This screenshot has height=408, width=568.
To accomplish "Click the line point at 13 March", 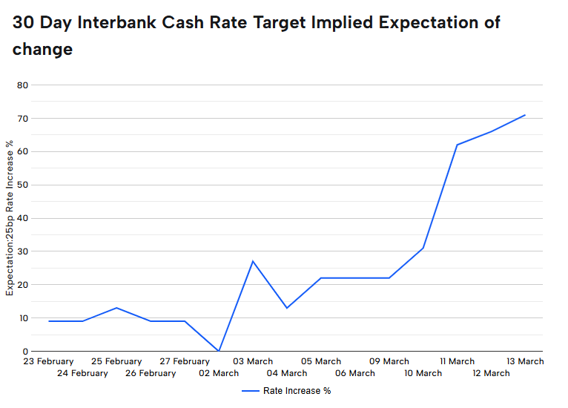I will pyautogui.click(x=525, y=115).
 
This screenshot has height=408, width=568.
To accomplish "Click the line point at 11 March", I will pyautogui.click(x=457, y=145).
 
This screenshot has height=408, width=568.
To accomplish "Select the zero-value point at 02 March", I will pyautogui.click(x=219, y=351).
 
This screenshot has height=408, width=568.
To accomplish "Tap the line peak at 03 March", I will pyautogui.click(x=253, y=261).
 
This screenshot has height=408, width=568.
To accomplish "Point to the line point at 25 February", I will pyautogui.click(x=116, y=308).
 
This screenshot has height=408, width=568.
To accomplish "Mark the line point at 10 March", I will pyautogui.click(x=423, y=248).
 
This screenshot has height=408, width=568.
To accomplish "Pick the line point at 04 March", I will pyautogui.click(x=287, y=308).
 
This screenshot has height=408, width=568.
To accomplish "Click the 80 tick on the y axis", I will pyautogui.click(x=23, y=85).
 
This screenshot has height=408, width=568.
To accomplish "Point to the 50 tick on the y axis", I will pyautogui.click(x=23, y=185).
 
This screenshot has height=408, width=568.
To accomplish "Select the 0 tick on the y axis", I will pyautogui.click(x=25, y=351).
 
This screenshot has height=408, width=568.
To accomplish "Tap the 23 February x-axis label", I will pyautogui.click(x=48, y=362).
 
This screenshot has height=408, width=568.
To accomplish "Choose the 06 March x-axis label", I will pyautogui.click(x=355, y=374).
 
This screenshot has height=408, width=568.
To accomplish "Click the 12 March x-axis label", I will pyautogui.click(x=492, y=374).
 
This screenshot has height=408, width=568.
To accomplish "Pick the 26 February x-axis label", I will pyautogui.click(x=151, y=374).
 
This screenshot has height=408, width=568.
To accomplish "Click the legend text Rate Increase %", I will pyautogui.click(x=297, y=391).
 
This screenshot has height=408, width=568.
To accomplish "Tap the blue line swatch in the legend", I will pyautogui.click(x=249, y=391).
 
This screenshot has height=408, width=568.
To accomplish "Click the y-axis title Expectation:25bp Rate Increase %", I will pyautogui.click(x=10, y=216).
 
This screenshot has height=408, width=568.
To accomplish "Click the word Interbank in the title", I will pyautogui.click(x=122, y=22).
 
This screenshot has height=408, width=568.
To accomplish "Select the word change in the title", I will pyautogui.click(x=42, y=50).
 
